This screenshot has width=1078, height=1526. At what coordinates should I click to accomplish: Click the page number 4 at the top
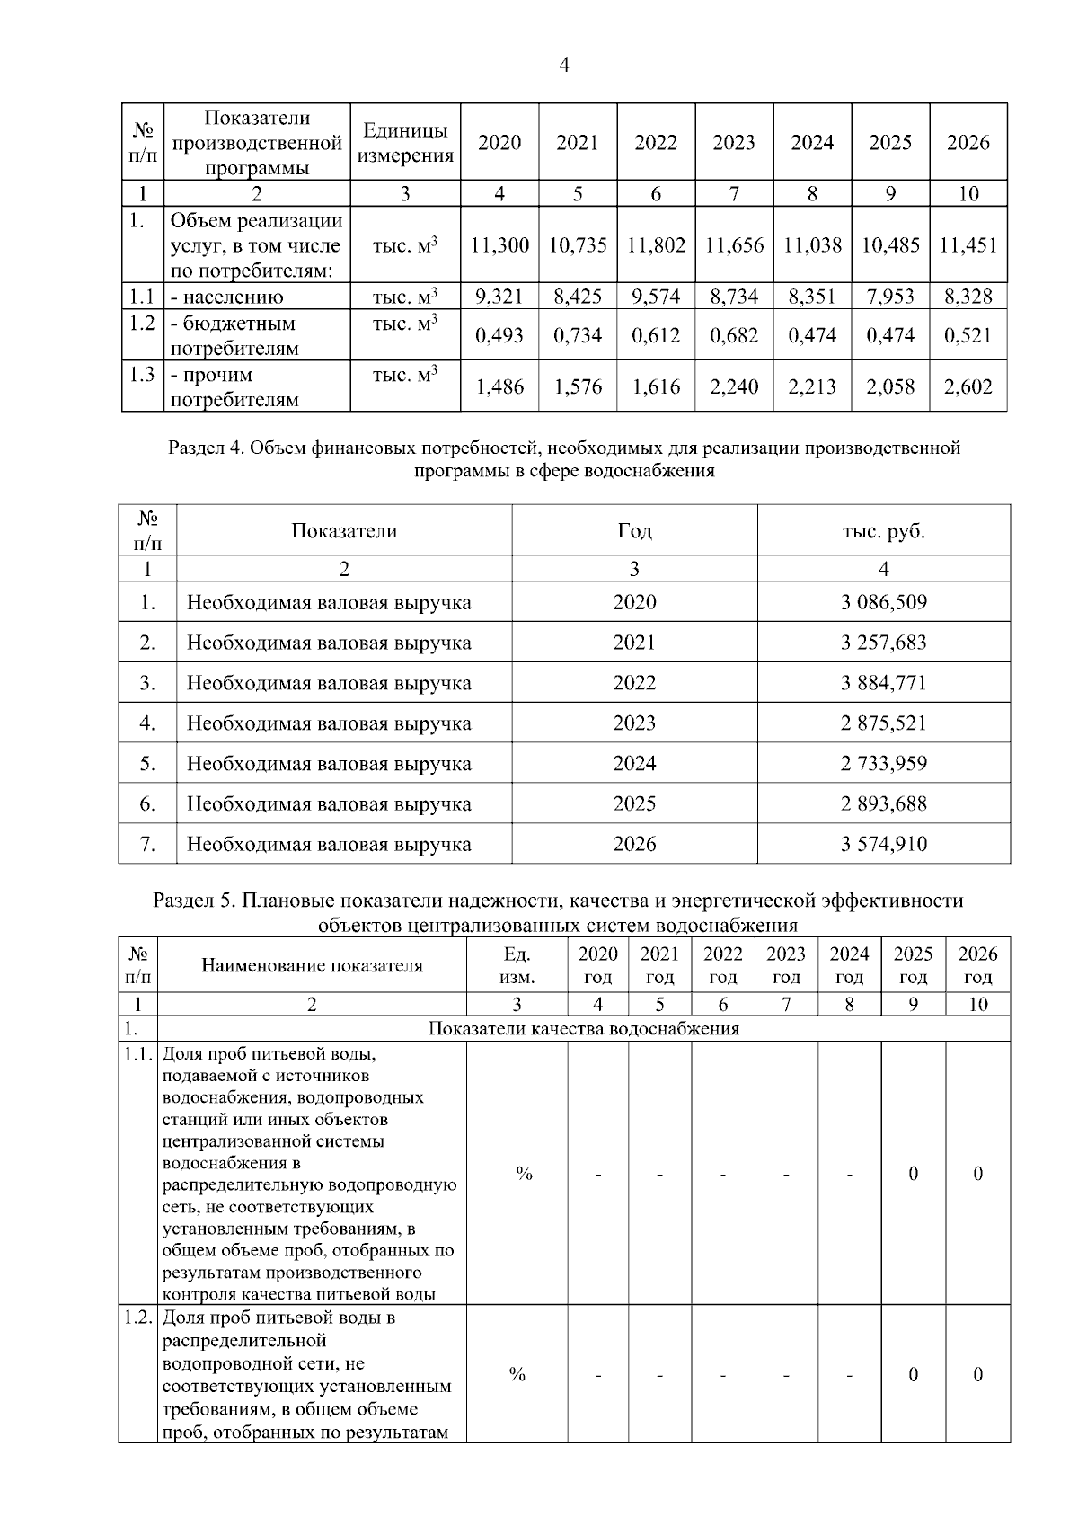pyautogui.click(x=564, y=65)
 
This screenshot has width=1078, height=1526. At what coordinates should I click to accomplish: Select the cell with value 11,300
pyautogui.click(x=499, y=245)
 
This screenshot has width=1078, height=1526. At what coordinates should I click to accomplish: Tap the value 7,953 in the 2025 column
pyautogui.click(x=889, y=297)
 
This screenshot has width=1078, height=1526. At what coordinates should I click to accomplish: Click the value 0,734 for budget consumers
pyautogui.click(x=578, y=335)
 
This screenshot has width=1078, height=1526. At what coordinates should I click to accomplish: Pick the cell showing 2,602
pyautogui.click(x=968, y=386)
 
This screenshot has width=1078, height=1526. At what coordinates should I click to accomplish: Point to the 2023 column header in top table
pyautogui.click(x=733, y=143)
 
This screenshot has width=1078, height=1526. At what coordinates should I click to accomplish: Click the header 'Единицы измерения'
pyautogui.click(x=405, y=143)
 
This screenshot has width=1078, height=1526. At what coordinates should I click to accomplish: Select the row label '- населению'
pyautogui.click(x=227, y=297)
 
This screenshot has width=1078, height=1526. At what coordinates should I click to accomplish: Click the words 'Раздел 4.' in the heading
pyautogui.click(x=207, y=447)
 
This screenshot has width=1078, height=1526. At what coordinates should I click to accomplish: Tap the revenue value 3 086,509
pyautogui.click(x=883, y=602)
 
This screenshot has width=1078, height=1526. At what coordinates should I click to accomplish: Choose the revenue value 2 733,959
pyautogui.click(x=883, y=764)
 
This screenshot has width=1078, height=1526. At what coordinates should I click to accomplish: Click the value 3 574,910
pyautogui.click(x=883, y=844)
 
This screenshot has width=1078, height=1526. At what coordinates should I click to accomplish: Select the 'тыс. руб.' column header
pyautogui.click(x=883, y=530)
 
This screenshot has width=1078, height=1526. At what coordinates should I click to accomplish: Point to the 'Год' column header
pyautogui.click(x=634, y=530)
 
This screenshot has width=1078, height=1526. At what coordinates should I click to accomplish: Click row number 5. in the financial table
pyautogui.click(x=147, y=764)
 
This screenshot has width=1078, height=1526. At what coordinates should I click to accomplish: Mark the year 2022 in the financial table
pyautogui.click(x=634, y=683)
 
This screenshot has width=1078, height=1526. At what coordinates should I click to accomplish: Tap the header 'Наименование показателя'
pyautogui.click(x=312, y=965)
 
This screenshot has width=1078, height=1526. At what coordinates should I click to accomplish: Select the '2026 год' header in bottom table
pyautogui.click(x=977, y=965)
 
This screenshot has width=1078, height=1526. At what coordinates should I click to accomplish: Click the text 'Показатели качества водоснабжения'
pyautogui.click(x=584, y=1028)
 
